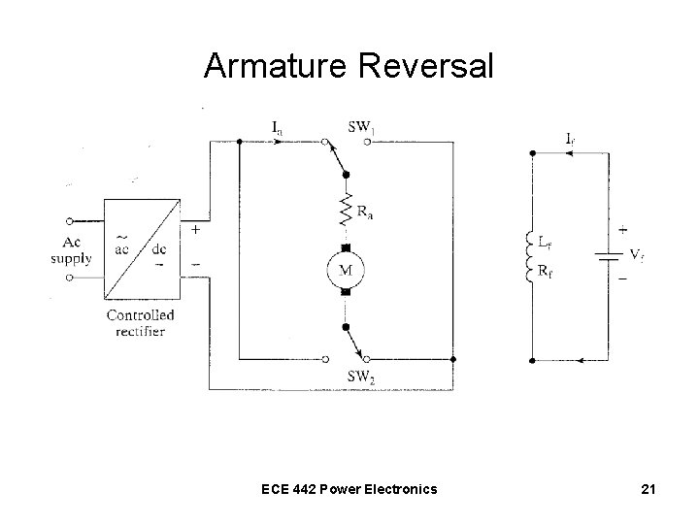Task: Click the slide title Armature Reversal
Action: pyautogui.click(x=349, y=66)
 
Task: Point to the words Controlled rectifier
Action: pyautogui.click(x=141, y=322)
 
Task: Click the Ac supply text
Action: pyautogui.click(x=73, y=250)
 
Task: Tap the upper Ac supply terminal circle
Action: pyautogui.click(x=69, y=221)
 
